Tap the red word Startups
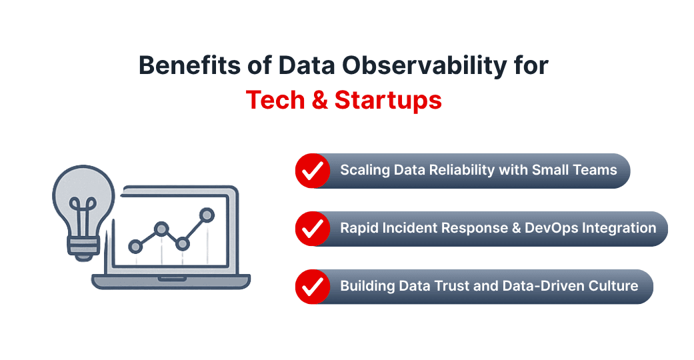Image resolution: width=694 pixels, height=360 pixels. click(x=388, y=100)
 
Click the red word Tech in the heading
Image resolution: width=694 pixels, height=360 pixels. click(x=273, y=100)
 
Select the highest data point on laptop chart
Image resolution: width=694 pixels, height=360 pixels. click(x=207, y=215)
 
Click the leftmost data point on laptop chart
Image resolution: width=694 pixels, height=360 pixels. click(x=136, y=247)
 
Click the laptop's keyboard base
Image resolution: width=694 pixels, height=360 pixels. click(x=171, y=281)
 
